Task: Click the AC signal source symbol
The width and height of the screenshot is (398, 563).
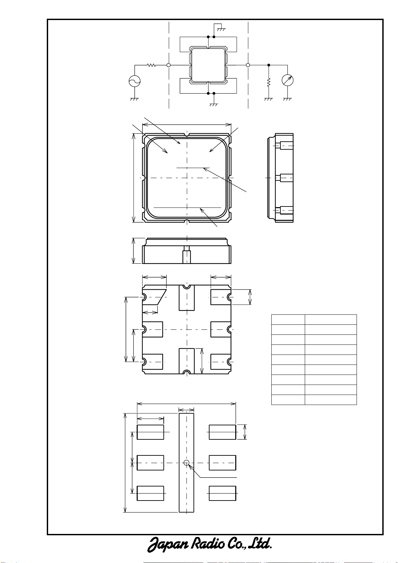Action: [135, 81]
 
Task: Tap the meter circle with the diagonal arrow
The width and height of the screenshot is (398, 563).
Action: [288, 81]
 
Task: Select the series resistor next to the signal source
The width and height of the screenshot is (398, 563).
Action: [151, 65]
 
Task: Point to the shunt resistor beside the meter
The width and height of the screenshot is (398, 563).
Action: [269, 83]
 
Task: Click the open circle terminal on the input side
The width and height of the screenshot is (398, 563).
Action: [169, 65]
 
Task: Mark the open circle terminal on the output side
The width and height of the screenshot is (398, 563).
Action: [248, 65]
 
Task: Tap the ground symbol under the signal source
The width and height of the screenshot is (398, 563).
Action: [135, 99]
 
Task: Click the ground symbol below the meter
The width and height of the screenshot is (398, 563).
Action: [287, 99]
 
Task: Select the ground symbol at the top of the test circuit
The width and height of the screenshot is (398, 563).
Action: [221, 29]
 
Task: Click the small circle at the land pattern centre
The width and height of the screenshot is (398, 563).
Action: [186, 463]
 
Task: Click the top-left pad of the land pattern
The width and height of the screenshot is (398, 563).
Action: [150, 432]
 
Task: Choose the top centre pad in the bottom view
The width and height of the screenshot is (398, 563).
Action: [187, 298]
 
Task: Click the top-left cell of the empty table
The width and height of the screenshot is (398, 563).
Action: [288, 319]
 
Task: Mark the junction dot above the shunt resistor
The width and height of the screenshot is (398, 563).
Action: [269, 65]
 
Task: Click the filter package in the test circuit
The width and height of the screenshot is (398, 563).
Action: [208, 65]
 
